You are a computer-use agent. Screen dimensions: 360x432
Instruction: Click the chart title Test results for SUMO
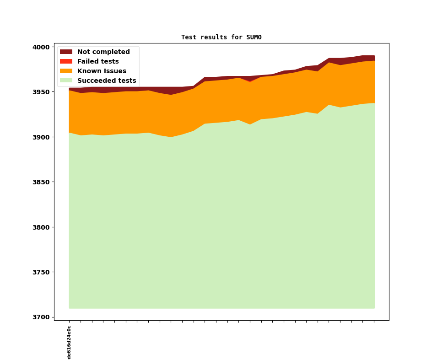(x=221, y=38)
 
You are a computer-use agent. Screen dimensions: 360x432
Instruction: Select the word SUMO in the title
(x=254, y=38)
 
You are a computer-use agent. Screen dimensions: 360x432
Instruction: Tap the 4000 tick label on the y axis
(x=41, y=47)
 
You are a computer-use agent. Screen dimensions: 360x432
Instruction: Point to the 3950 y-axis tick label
(x=41, y=92)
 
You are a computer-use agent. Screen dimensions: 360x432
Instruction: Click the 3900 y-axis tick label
(x=41, y=137)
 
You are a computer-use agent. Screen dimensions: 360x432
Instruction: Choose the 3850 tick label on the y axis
(x=41, y=182)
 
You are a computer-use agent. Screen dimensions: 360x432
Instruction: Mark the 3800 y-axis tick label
(x=41, y=227)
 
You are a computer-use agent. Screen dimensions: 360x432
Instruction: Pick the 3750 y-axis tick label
(x=41, y=272)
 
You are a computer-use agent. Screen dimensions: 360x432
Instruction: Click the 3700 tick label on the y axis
(x=41, y=317)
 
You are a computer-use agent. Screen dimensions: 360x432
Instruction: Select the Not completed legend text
(x=103, y=52)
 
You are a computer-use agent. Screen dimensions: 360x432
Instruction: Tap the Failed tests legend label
(x=98, y=62)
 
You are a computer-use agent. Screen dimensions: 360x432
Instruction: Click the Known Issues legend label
(x=102, y=71)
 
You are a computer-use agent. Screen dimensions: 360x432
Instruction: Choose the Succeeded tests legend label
(x=107, y=81)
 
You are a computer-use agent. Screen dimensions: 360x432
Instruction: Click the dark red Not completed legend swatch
(x=66, y=52)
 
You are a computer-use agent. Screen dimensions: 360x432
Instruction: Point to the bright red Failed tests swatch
(x=66, y=62)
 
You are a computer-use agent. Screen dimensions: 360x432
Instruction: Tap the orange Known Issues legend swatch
(x=66, y=71)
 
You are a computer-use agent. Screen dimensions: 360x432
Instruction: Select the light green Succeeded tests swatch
(x=66, y=81)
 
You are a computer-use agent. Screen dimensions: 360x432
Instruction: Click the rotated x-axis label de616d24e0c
(x=69, y=343)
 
